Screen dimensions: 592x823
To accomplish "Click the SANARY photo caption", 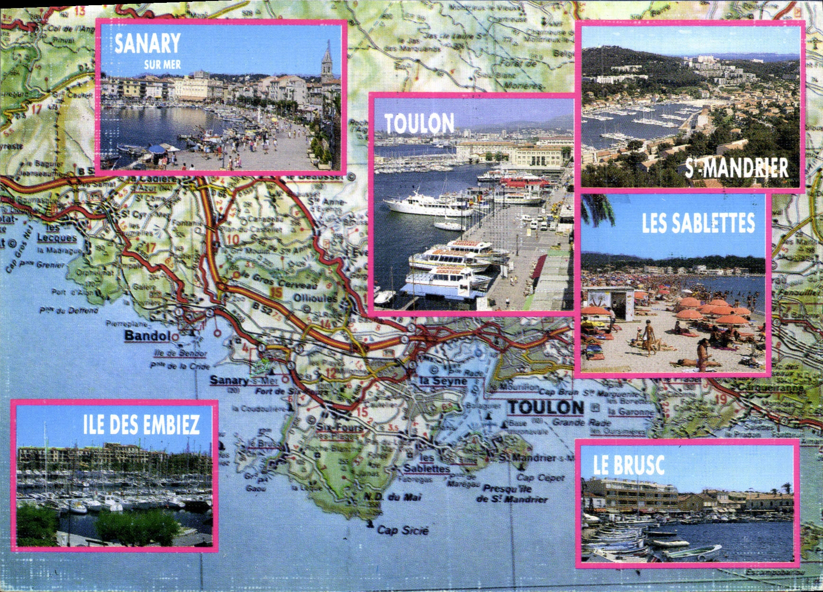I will [x=147, y=44].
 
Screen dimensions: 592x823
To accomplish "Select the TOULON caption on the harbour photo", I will [x=419, y=124].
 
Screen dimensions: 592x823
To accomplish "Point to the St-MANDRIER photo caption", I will [x=736, y=168].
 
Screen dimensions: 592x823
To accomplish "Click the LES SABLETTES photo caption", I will [x=698, y=223].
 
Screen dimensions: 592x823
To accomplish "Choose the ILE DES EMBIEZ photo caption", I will [x=141, y=425].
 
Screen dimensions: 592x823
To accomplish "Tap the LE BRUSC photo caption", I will [x=628, y=465].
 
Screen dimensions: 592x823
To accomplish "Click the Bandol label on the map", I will [x=147, y=336].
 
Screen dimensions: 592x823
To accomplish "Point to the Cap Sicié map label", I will [x=402, y=530].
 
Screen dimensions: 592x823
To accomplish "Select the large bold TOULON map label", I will [x=546, y=407].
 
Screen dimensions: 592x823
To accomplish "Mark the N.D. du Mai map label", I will [x=392, y=497].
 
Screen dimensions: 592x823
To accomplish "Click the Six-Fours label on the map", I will [x=339, y=428].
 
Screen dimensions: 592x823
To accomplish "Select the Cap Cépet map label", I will [x=541, y=477].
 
